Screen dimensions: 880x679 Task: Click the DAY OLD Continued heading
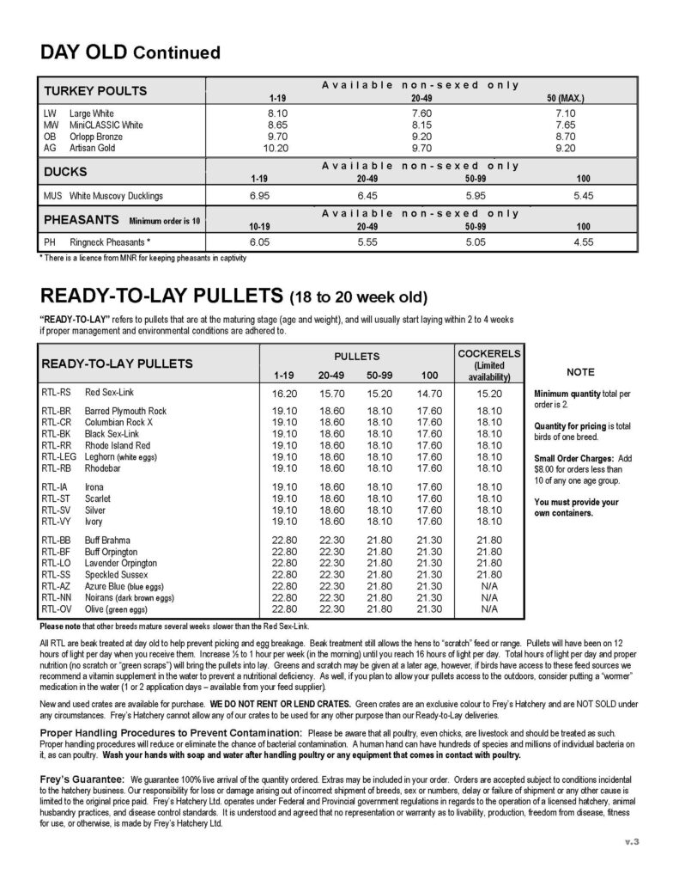point(130,52)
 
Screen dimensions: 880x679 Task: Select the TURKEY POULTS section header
point(95,91)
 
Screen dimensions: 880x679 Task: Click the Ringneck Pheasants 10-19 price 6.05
point(260,242)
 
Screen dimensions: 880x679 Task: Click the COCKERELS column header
point(490,354)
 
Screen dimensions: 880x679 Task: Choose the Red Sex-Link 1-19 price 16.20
point(283,394)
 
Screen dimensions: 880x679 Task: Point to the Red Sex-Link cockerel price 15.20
point(490,394)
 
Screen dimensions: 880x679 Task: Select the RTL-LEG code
point(55,457)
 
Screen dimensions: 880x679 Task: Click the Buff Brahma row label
point(107,540)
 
